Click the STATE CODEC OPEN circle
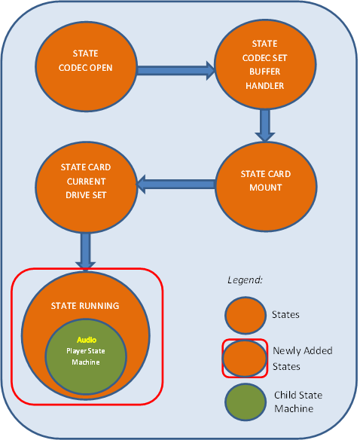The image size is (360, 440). [84, 63]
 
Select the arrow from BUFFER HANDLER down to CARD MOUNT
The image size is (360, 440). [264, 124]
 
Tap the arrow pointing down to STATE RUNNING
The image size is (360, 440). [85, 251]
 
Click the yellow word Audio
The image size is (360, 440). [84, 340]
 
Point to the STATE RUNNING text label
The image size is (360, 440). [85, 306]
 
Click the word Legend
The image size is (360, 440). [246, 280]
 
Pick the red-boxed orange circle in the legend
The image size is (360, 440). [245, 358]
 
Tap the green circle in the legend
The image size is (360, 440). [245, 403]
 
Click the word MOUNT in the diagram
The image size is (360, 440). [266, 188]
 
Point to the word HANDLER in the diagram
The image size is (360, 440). [264, 86]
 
